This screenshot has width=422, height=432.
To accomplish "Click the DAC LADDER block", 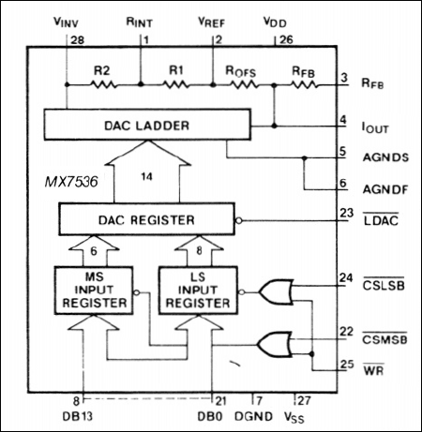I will (144, 125).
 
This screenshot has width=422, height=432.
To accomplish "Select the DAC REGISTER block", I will (144, 220).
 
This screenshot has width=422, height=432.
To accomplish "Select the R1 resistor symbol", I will (176, 83).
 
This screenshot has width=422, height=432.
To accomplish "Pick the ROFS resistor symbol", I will (241, 83).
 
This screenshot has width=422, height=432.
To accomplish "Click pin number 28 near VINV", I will (77, 39).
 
